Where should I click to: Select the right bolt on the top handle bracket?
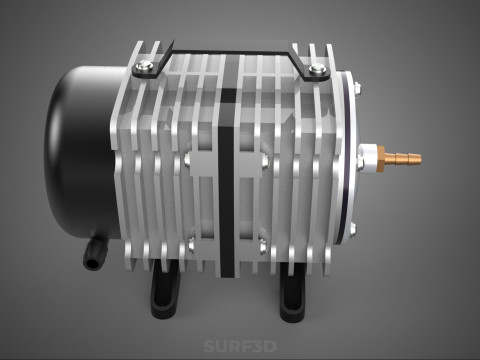[x=318, y=69]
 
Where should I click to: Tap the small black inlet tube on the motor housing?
[x=93, y=256]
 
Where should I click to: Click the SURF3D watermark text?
[x=240, y=347]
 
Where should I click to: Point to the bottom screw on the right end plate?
[x=351, y=229]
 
